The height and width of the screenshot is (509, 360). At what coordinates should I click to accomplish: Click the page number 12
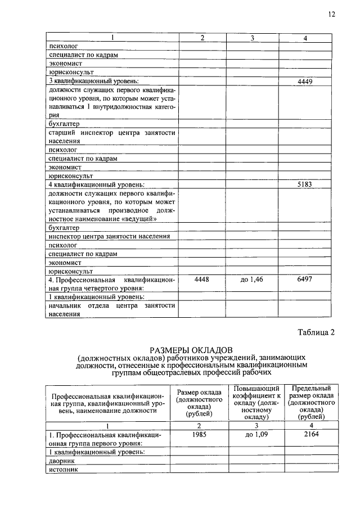[331, 15]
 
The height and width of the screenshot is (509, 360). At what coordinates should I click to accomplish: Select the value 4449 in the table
[304, 82]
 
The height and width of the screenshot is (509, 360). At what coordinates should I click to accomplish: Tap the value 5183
[304, 184]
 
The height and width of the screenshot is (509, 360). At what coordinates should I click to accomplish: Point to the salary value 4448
[202, 279]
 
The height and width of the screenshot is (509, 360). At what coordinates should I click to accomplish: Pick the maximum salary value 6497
[304, 279]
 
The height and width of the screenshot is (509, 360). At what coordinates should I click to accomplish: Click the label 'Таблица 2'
[316, 332]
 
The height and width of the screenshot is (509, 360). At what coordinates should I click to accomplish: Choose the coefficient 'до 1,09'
[252, 434]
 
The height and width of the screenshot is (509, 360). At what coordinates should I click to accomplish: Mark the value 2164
[304, 434]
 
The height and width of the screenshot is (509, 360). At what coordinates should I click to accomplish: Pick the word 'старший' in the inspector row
[62, 133]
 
